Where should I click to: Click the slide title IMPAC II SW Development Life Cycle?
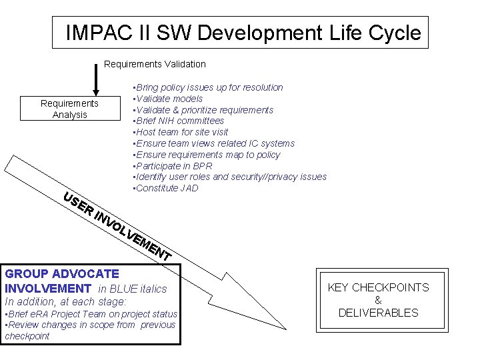pos(243,33)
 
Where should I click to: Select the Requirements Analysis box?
pos(69,109)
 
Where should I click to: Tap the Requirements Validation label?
pos(155,64)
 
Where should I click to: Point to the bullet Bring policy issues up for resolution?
pos(208,87)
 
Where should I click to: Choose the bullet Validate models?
pos(168,99)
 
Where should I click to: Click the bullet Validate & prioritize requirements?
pos(203,110)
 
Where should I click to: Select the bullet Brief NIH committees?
pos(179,121)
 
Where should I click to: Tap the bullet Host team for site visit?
pos(181,132)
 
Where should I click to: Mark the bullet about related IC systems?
pos(213,143)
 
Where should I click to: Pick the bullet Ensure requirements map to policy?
pos(207,155)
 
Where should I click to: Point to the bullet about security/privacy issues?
pos(230,177)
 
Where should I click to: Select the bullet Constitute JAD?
pos(166,188)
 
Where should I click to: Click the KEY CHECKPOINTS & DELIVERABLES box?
pos(378,299)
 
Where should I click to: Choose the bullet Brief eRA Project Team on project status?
pos(91,314)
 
